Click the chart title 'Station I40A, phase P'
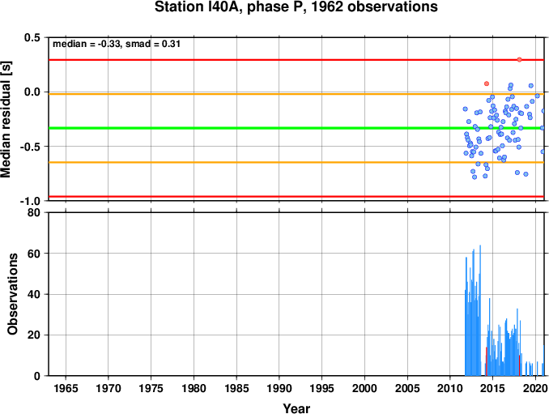tap(231, 7)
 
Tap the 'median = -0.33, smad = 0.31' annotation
tap(117, 44)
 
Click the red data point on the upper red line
tap(519, 60)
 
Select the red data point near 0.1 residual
tap(487, 83)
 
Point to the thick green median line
tap(296, 128)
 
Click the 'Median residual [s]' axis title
tap(6, 119)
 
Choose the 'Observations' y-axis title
tap(13, 294)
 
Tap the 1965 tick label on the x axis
tap(66, 388)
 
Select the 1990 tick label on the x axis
tap(279, 388)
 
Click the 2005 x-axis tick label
tap(407, 388)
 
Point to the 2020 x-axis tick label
tap(535, 388)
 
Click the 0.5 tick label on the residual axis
tap(32, 37)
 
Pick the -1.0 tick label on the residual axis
tap(30, 201)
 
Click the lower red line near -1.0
tap(296, 197)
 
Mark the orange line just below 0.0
tap(296, 94)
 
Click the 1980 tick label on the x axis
tap(194, 388)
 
